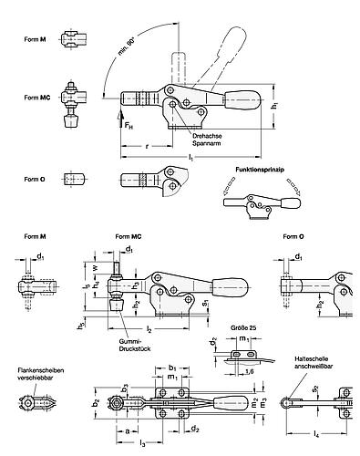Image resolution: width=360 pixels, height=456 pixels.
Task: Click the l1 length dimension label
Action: (191, 161)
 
